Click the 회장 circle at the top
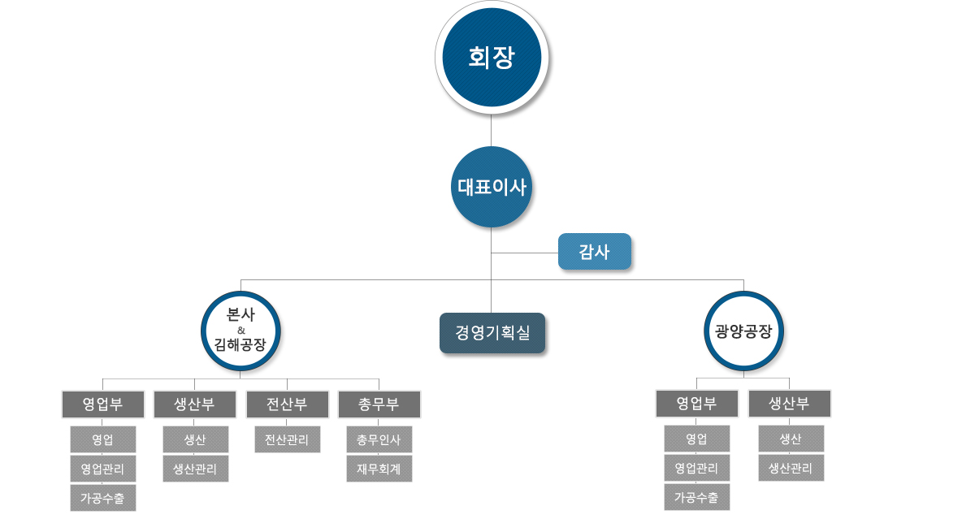point(492,58)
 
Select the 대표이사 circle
point(492,187)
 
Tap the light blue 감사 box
point(595,252)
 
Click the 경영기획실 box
point(492,333)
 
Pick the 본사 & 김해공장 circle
point(240,331)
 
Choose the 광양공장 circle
point(744,331)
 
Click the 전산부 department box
point(288,404)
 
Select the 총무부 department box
point(379,404)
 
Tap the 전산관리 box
point(288,439)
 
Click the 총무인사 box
point(379,439)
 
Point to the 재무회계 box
point(379,469)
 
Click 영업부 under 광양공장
point(697,404)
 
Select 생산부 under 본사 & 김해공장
point(194,404)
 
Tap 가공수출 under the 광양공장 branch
point(697,497)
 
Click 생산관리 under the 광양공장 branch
point(791,468)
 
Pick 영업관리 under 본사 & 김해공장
point(102,469)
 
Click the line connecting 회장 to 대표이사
point(492,131)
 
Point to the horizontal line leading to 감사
point(525,253)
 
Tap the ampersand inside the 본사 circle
point(241,331)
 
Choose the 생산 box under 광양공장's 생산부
point(791,439)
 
